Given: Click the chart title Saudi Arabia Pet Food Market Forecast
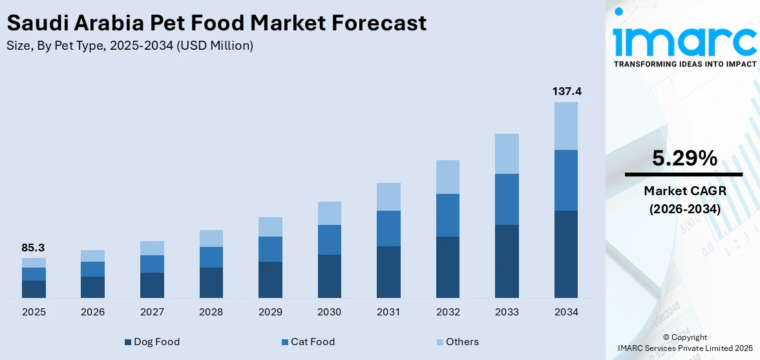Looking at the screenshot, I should pyautogui.click(x=216, y=23).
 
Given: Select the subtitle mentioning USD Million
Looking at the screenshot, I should pyautogui.click(x=130, y=46).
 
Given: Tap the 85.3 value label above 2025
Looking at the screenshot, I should pyautogui.click(x=33, y=248).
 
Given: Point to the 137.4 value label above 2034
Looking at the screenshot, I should pyautogui.click(x=566, y=92).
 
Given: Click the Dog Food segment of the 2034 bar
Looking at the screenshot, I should pyautogui.click(x=566, y=254).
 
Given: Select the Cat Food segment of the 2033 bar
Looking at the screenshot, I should pyautogui.click(x=507, y=199).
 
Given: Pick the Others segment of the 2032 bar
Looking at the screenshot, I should pyautogui.click(x=447, y=177).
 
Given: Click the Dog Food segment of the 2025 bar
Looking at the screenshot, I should pyautogui.click(x=34, y=289).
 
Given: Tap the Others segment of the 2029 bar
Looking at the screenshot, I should pyautogui.click(x=270, y=227).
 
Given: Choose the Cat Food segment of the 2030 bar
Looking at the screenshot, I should pyautogui.click(x=329, y=240).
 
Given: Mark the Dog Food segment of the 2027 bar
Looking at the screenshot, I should pyautogui.click(x=152, y=285).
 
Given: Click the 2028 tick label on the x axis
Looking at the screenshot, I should pyautogui.click(x=211, y=312).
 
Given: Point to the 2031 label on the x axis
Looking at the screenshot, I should pyautogui.click(x=388, y=312).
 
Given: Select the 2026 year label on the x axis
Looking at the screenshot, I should pyautogui.click(x=93, y=312).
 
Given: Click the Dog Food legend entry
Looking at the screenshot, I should pyautogui.click(x=152, y=342).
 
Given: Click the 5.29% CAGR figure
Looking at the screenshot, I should pyautogui.click(x=684, y=158).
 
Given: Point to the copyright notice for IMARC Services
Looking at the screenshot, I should pyautogui.click(x=684, y=343).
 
